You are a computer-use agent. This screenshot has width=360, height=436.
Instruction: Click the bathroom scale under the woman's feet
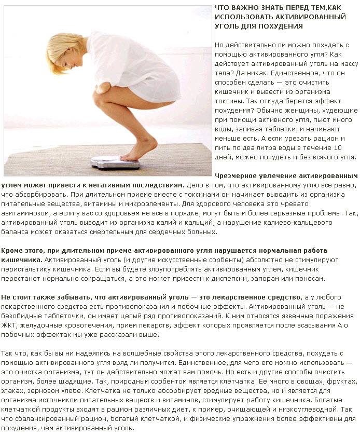pyautogui.click(x=116, y=163)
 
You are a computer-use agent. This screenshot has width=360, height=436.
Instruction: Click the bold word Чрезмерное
pyautogui.click(x=238, y=176)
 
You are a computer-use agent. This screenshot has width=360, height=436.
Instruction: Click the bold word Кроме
pyautogui.click(x=11, y=251)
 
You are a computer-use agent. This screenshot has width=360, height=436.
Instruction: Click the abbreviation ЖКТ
pyautogui.click(x=9, y=325)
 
